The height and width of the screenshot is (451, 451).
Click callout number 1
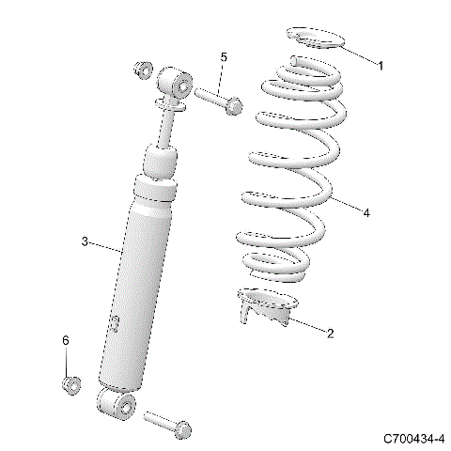[x=381, y=65]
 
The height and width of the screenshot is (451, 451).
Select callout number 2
[x=330, y=333]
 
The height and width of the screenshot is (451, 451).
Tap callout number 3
[x=85, y=241]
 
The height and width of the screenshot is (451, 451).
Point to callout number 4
[x=365, y=213]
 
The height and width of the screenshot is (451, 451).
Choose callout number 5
[x=224, y=58]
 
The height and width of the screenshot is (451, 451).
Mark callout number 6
[x=66, y=340]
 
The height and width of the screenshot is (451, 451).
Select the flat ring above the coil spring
[x=315, y=39]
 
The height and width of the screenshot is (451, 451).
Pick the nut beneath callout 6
[x=70, y=383]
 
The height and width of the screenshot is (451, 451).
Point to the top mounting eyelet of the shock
[x=175, y=80]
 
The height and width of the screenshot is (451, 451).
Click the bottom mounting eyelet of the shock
[x=116, y=406]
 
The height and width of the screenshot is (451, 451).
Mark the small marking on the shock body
[x=115, y=324]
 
